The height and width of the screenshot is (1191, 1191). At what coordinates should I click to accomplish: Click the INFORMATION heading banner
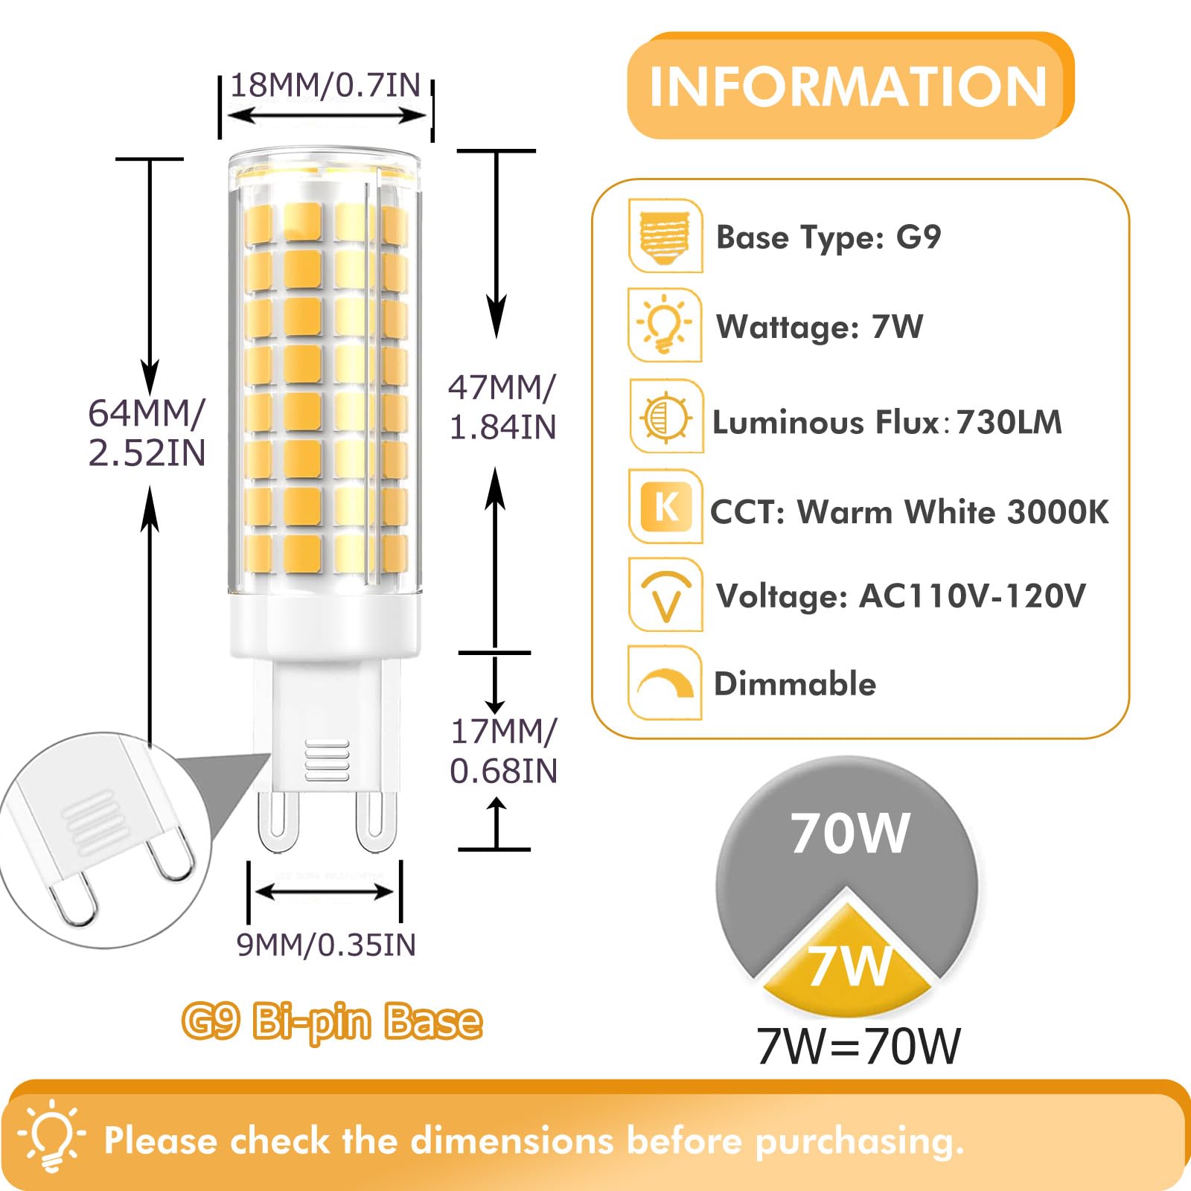point(849,86)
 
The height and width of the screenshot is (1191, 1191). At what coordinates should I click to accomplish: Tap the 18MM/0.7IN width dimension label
point(325,86)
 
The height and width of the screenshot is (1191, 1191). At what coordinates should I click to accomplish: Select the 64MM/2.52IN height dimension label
point(147,433)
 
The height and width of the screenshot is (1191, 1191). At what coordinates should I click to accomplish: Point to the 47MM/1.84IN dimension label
point(502,407)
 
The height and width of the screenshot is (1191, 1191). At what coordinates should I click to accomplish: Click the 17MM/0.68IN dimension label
point(504,751)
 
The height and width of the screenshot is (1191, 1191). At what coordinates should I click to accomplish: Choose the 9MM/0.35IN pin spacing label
point(326,945)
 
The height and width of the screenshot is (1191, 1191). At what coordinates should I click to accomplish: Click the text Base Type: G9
point(828,237)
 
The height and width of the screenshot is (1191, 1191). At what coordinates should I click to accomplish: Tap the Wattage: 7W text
point(820,326)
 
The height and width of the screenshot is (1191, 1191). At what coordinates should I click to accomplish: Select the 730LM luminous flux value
point(1009,422)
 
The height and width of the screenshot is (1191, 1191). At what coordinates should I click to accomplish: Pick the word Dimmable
point(795,683)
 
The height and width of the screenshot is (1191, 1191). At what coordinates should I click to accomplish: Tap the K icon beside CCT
point(665,506)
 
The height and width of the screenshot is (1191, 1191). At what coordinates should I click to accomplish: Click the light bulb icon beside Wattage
point(664,325)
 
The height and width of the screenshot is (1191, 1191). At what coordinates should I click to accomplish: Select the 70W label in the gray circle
point(849,833)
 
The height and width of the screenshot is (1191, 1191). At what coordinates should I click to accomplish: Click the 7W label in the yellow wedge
point(849,965)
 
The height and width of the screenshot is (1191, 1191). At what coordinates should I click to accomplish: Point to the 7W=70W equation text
point(858,1046)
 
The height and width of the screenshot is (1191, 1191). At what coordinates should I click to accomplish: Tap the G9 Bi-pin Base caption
point(332,1021)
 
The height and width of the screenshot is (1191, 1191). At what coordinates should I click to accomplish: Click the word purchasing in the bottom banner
point(859,1140)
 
